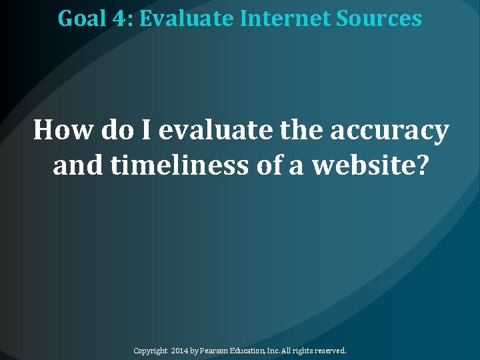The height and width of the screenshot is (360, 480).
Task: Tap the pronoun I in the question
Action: [144, 130]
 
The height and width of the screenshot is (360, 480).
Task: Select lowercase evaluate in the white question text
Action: [215, 130]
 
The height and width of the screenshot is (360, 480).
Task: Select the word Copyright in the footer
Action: [150, 350]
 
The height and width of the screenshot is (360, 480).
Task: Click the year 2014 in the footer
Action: [180, 350]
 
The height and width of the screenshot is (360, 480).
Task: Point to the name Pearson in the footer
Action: [217, 350]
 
